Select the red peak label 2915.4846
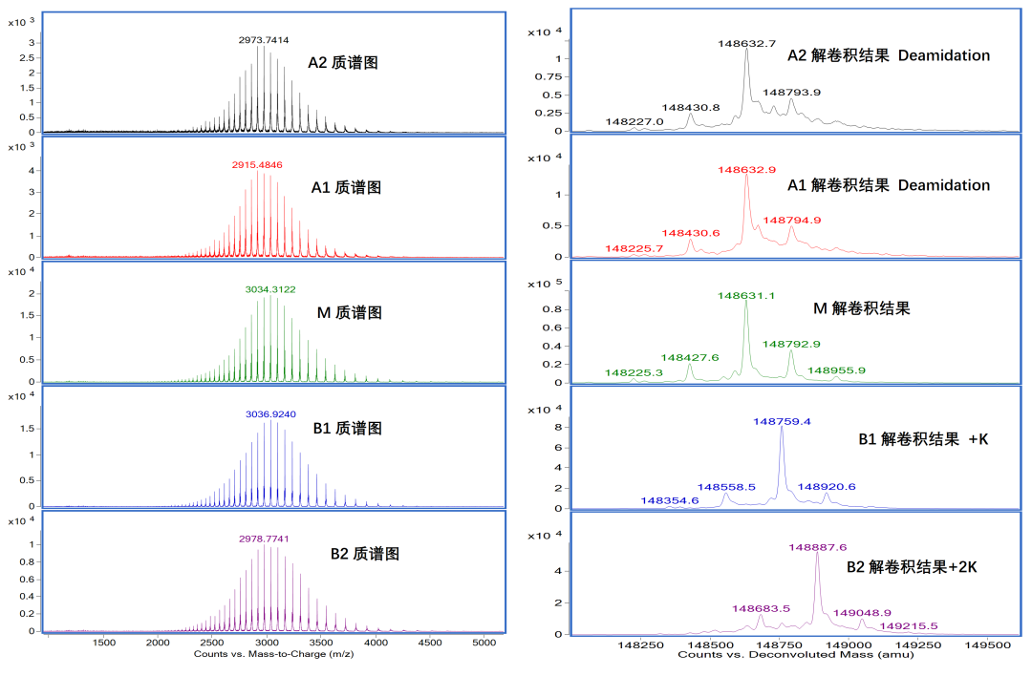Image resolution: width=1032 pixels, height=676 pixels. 257,165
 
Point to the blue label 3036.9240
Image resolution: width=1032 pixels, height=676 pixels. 272,415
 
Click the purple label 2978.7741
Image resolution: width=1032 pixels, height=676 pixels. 264,539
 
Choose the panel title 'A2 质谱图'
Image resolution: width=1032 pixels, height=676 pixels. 343,63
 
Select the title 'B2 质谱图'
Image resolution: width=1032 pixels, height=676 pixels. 364,553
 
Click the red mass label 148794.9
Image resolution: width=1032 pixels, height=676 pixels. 791,221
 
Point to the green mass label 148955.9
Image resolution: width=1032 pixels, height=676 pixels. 836,370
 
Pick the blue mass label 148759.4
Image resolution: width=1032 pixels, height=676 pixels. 782,421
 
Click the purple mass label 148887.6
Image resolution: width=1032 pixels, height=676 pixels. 817,547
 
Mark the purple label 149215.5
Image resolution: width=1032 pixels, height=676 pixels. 909,626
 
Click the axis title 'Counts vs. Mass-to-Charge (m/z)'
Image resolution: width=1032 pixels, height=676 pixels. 264,655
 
